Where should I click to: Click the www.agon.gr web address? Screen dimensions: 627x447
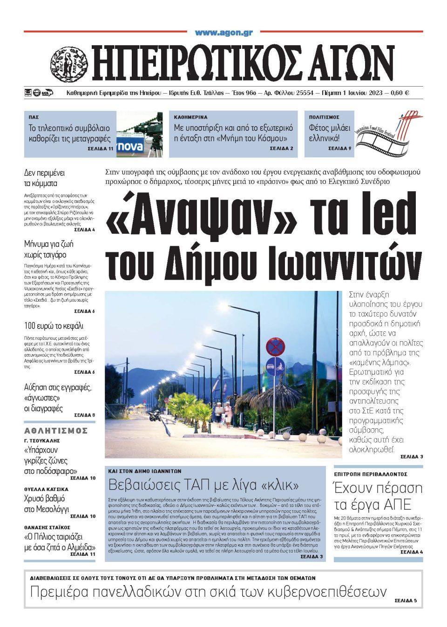coord(223,33)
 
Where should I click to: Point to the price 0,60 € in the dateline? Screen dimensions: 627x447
coord(400,93)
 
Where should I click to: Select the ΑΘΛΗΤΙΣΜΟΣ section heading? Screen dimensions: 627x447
coord(56,430)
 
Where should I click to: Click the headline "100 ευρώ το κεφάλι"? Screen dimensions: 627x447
coord(54,326)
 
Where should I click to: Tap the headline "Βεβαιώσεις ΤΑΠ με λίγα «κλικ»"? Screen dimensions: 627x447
coord(203,485)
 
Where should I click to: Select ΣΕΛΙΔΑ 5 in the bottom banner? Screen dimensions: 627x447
coord(406,600)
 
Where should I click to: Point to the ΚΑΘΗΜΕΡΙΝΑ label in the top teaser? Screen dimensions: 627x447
coord(190,117)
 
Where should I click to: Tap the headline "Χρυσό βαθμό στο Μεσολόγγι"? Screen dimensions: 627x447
coord(47,504)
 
